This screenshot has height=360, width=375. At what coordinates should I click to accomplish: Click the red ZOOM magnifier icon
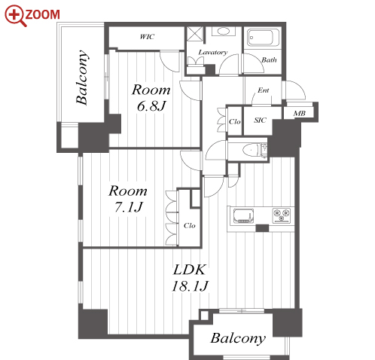pyautogui.click(x=16, y=15)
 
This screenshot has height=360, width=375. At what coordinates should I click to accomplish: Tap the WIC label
pyautogui.click(x=147, y=37)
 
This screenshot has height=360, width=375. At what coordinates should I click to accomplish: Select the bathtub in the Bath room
pyautogui.click(x=263, y=38)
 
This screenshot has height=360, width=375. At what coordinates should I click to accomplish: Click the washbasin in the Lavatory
pyautogui.click(x=223, y=31)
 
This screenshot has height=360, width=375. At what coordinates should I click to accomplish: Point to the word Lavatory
pyautogui.click(x=213, y=52)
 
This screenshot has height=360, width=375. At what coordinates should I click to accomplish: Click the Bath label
pyautogui.click(x=269, y=59)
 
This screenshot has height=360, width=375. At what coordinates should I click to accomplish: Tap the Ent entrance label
pyautogui.click(x=264, y=90)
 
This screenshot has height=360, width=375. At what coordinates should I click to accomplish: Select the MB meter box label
pyautogui.click(x=300, y=114)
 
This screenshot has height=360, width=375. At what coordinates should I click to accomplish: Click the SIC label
pyautogui.click(x=260, y=121)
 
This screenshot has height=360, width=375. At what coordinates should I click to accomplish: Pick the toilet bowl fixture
pyautogui.click(x=251, y=150)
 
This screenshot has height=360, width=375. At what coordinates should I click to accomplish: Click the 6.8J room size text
pyautogui.click(x=151, y=105)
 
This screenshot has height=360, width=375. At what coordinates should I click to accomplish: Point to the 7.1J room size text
pyautogui.click(x=129, y=207)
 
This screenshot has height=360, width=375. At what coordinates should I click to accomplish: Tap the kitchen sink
pyautogui.click(x=243, y=215)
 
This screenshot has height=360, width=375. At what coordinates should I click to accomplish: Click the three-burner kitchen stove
pyautogui.click(x=282, y=215)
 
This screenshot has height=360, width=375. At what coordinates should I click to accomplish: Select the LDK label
pyautogui.click(x=190, y=270)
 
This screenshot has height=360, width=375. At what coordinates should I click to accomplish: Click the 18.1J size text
pyautogui.click(x=190, y=286)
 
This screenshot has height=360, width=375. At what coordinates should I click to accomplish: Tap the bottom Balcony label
pyautogui.click(x=238, y=338)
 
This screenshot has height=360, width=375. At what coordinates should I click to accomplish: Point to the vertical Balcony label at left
pyautogui.click(x=82, y=78)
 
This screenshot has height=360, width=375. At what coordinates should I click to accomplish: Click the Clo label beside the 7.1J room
pyautogui.click(x=190, y=225)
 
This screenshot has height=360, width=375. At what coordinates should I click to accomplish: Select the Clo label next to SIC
pyautogui.click(x=235, y=122)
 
